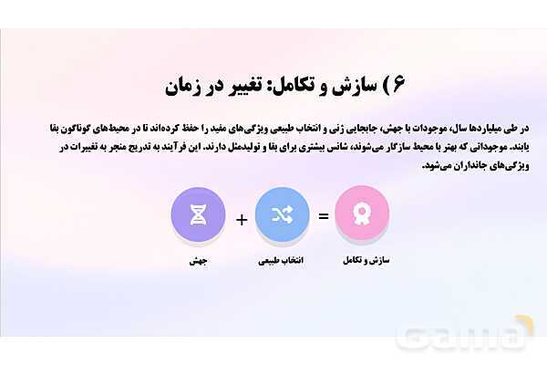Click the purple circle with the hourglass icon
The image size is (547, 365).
click(x=198, y=214)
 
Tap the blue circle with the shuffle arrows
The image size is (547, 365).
click(x=282, y=214)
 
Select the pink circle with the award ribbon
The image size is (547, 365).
click(x=363, y=214)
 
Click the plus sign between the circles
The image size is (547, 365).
click(x=241, y=219)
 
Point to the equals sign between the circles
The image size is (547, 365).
click(x=323, y=218)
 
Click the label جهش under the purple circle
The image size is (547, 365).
click(x=198, y=261)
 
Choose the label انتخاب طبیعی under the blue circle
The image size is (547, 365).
click(x=282, y=261)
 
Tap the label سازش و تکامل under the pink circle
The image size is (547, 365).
click(x=363, y=261)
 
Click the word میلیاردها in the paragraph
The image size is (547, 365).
click(x=464, y=127)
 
